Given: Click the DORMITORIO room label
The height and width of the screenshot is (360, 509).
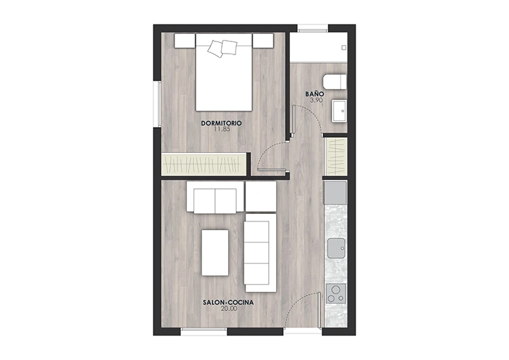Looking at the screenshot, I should pos(222,123).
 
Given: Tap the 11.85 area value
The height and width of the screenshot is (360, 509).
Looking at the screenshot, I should pos(222,129).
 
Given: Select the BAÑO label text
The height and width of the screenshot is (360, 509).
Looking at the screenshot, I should pos(314,94).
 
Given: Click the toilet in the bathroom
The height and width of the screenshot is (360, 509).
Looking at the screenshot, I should pos(335,82).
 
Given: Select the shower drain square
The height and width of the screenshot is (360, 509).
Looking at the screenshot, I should pos(343,48).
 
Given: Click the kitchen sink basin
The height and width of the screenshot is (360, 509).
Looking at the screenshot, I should pos(336,249).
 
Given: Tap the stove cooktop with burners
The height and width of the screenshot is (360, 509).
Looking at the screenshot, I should pos(335,293).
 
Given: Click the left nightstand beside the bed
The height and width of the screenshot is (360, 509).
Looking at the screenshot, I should pos(185,40).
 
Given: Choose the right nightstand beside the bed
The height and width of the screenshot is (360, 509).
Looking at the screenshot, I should pos(263,40).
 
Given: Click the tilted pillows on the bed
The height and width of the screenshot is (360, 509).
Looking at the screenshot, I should pos(223,48).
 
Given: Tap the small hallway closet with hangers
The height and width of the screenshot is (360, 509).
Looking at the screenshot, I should pos(335,156).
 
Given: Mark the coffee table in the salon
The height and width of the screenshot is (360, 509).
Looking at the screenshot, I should pos(215,253).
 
